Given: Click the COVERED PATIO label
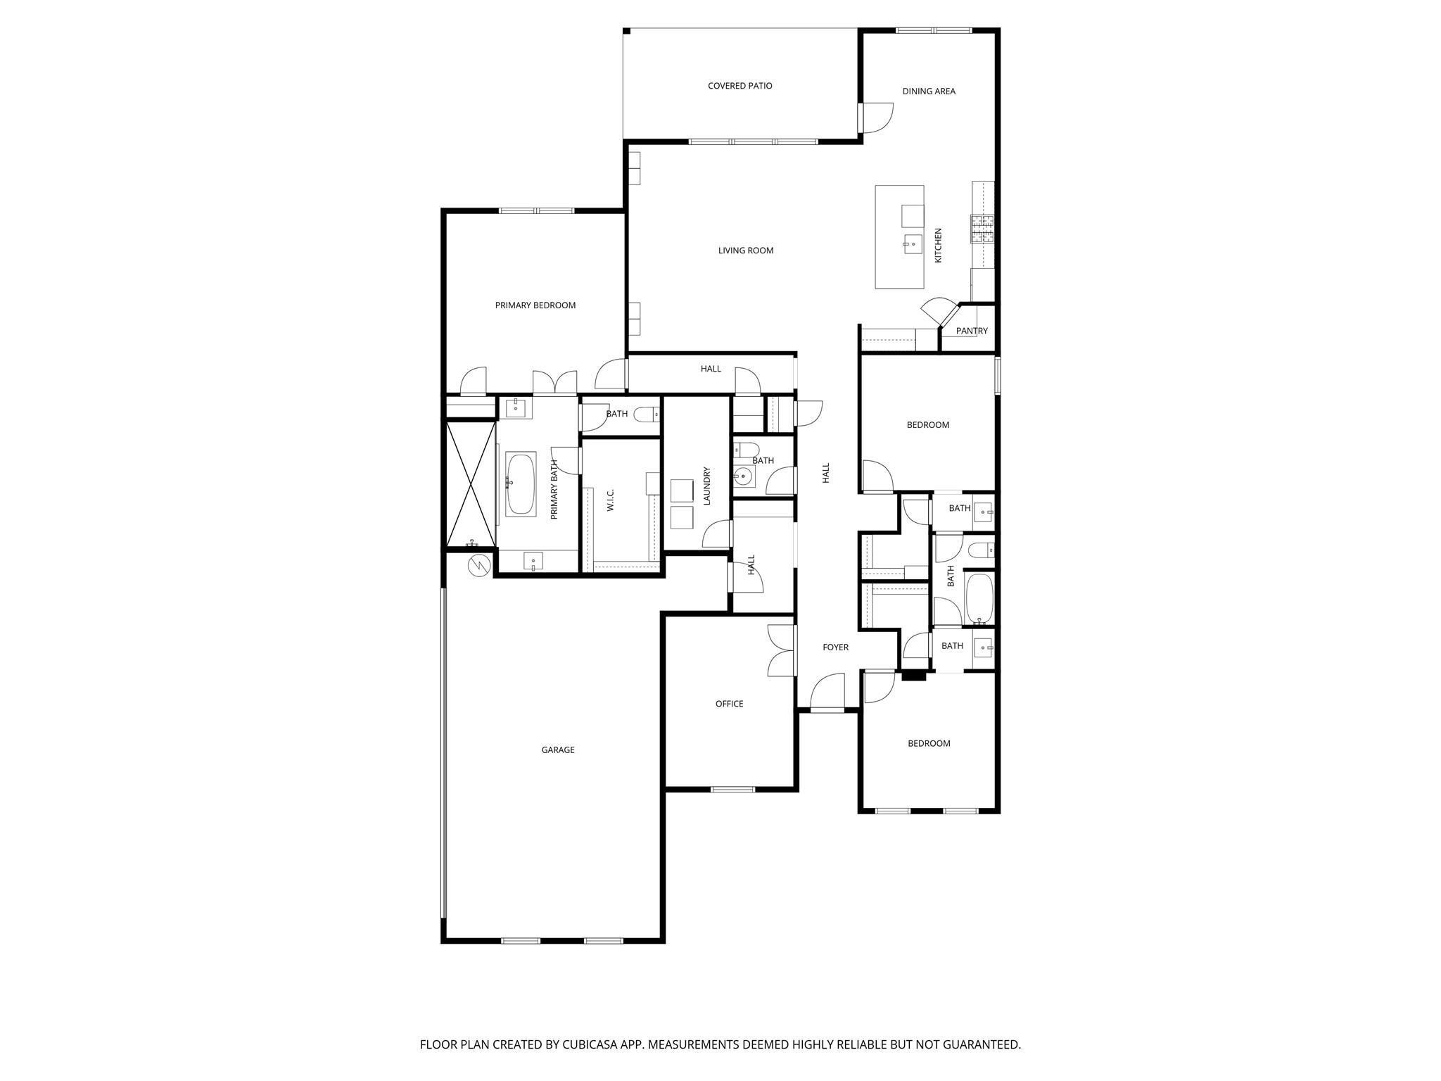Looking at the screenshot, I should tap(739, 86).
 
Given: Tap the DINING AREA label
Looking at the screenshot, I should tap(929, 91).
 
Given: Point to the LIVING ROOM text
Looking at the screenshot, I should tap(746, 251).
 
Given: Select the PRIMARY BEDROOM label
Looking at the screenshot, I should tap(535, 305).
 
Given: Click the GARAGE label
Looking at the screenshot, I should tap(558, 750).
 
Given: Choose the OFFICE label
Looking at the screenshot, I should tap(729, 704).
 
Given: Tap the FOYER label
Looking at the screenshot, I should tap(835, 647).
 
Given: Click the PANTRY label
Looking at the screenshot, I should tap(972, 331).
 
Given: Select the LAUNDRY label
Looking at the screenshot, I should tap(707, 486).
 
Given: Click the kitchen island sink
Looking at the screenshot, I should tap(913, 244).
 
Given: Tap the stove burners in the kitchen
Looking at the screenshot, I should tap(982, 229).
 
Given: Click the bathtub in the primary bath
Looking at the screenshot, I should tap(521, 483).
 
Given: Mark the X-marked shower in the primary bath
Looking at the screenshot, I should tap(471, 483).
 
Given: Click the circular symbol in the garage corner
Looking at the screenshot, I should tap(478, 565).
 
